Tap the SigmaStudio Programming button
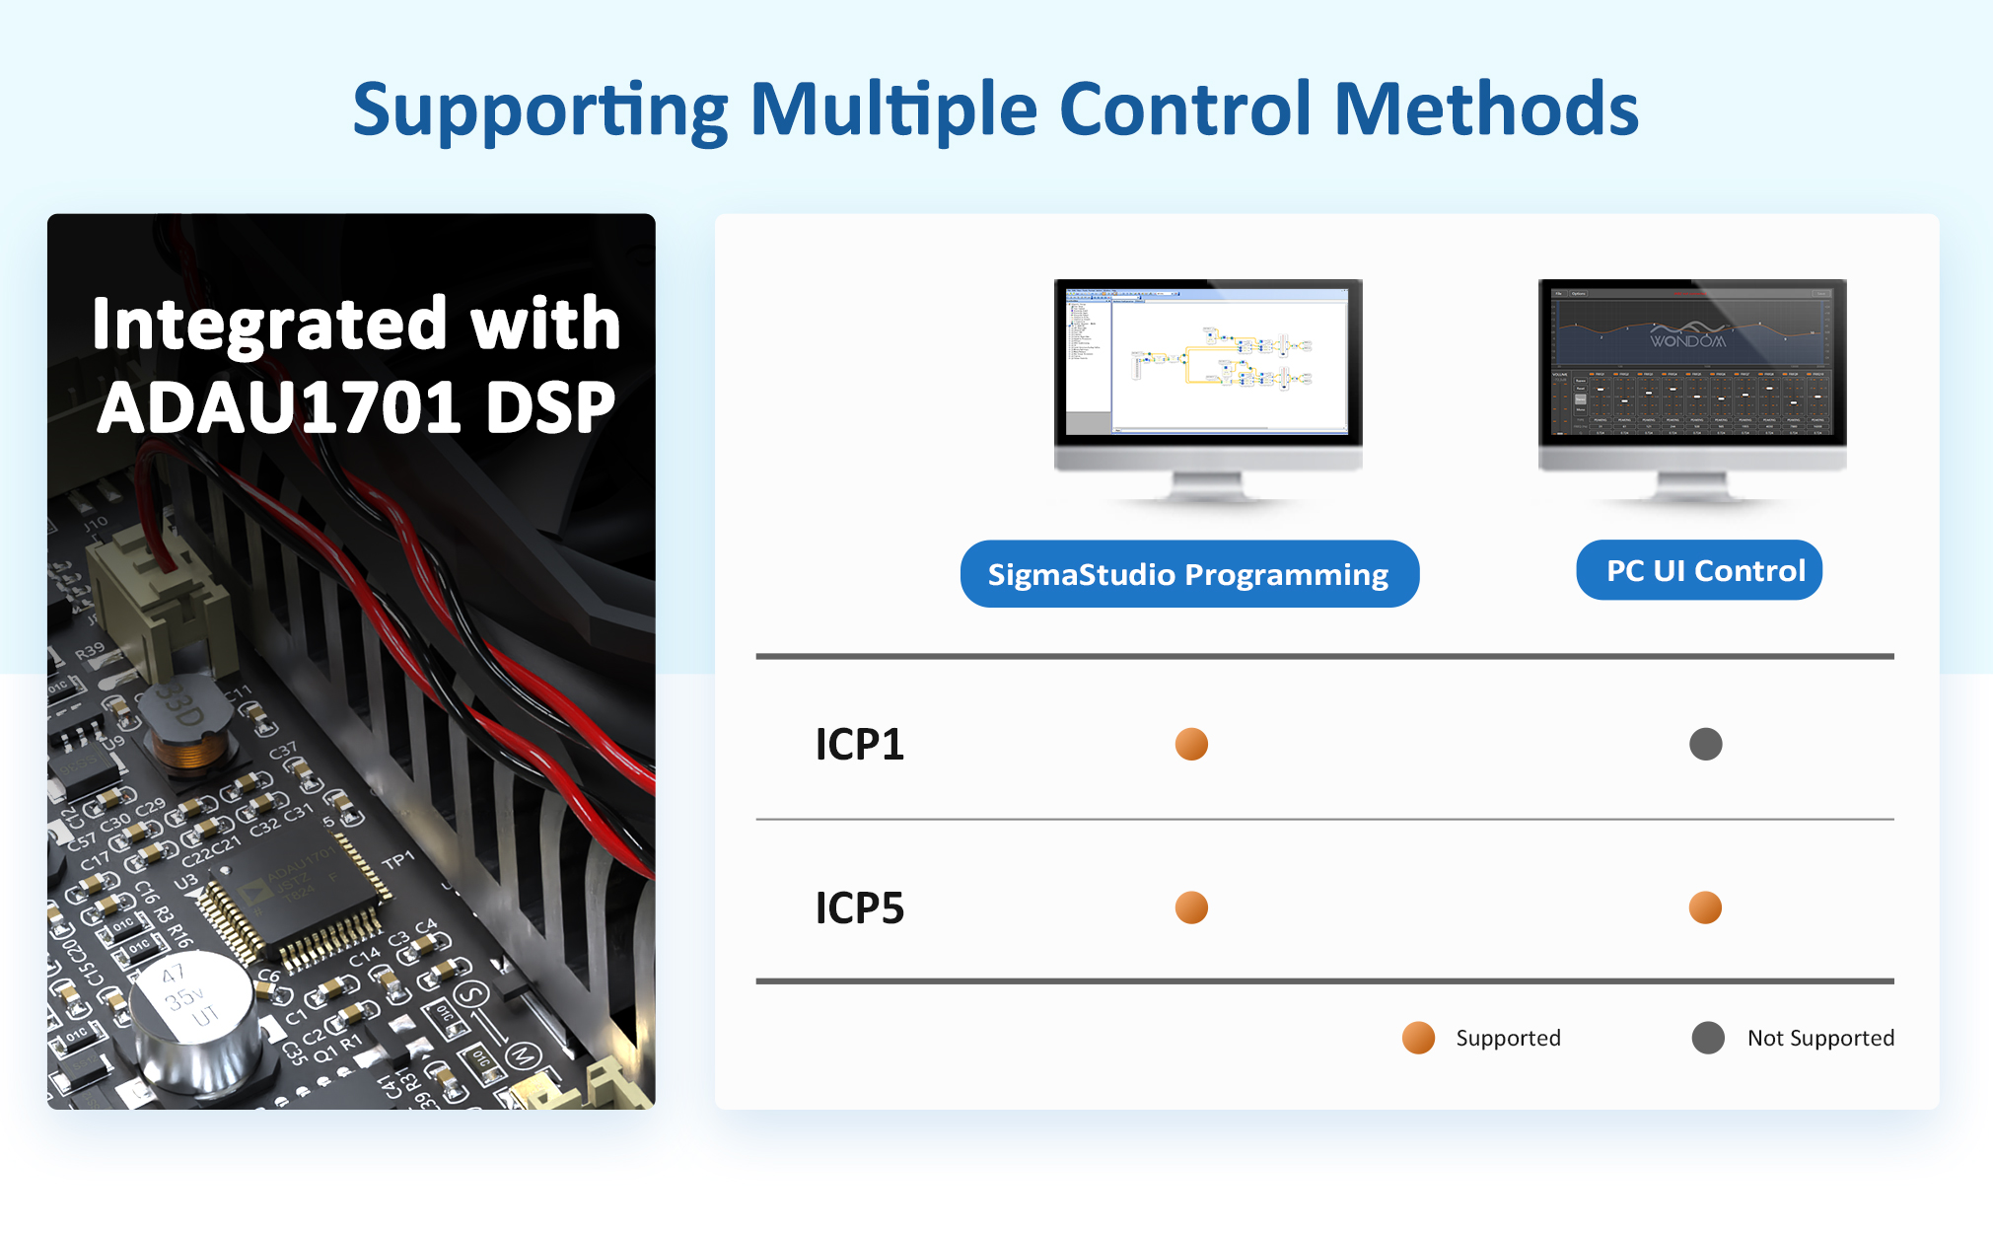coord(1188,574)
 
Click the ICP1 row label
coord(859,745)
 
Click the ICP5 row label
coord(859,908)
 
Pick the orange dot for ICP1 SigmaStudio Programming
coord(1191,744)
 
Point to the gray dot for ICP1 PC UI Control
coord(1705,744)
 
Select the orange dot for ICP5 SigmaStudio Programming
coord(1191,907)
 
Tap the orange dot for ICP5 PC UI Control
coord(1705,907)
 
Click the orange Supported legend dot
coord(1418,1038)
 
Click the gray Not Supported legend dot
coord(1708,1038)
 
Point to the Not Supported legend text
coord(1820,1038)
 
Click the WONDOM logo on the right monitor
coord(1688,340)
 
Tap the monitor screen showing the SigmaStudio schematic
coord(1208,361)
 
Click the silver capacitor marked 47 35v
coord(193,1016)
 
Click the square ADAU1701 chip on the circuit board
coord(291,893)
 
